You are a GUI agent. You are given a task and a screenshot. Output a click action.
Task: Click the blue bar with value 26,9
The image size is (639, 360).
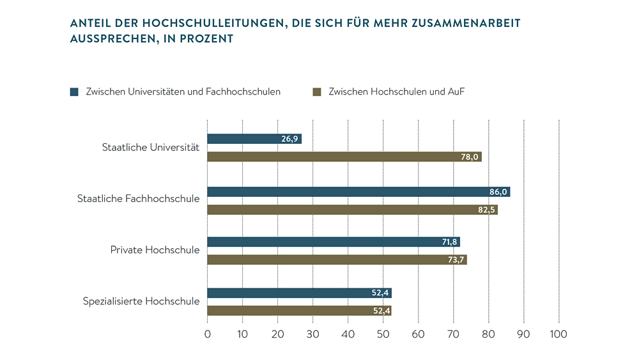point(254,139)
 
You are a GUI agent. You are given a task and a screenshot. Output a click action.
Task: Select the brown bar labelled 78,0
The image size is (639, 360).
point(344,157)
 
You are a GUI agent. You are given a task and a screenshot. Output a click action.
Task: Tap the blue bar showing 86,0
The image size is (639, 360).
point(358,192)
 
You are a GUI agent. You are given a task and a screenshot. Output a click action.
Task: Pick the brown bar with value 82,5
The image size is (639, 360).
point(352,210)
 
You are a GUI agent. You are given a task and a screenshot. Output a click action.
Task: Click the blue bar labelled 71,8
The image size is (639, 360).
point(334,242)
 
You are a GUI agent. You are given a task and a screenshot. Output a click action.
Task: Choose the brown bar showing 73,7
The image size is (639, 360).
point(337,260)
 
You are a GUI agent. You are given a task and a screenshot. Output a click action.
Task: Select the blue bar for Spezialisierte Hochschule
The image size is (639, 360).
point(299,293)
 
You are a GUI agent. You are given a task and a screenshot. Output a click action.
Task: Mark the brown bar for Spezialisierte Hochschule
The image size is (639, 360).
point(299,311)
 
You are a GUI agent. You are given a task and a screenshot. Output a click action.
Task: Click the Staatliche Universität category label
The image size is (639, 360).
point(151,148)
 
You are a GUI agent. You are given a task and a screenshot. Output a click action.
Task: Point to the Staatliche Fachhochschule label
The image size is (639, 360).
point(138,199)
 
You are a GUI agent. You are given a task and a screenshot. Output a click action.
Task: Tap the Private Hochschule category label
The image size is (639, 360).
point(155,249)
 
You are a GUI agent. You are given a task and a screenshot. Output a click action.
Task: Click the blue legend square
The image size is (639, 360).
point(74,92)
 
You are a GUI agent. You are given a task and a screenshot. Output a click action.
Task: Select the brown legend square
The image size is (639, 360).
point(316,92)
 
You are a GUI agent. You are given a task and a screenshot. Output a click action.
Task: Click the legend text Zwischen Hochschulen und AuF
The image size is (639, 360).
point(396,92)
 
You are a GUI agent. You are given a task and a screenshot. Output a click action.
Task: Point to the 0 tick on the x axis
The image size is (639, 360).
point(208,334)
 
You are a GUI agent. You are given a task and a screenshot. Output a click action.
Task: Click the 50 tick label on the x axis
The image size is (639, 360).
point(383,334)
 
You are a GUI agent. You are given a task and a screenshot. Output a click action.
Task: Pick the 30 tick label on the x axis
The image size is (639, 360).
point(312,334)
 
